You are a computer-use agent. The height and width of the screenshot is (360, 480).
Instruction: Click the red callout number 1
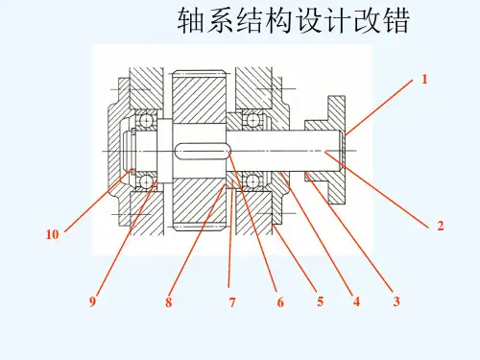pyautogui.click(x=424, y=79)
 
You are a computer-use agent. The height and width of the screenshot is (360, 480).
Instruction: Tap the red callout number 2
pyautogui.click(x=441, y=226)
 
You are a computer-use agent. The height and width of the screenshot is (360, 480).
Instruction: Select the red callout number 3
pyautogui.click(x=396, y=301)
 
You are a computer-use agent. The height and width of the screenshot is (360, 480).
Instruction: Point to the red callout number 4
pyautogui.click(x=356, y=301)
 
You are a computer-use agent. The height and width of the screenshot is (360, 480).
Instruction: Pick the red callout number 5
pyautogui.click(x=320, y=301)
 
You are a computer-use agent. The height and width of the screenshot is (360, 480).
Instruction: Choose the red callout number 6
pyautogui.click(x=280, y=301)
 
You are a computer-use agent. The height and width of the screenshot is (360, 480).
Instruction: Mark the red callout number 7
pyautogui.click(x=232, y=301)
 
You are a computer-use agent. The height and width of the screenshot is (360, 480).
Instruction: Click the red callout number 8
pyautogui.click(x=168, y=301)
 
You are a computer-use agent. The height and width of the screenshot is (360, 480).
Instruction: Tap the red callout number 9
pyautogui.click(x=92, y=301)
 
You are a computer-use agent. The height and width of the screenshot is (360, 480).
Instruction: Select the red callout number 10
pyautogui.click(x=52, y=234)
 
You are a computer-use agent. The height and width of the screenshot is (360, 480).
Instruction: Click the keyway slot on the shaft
pyautogui.click(x=203, y=150)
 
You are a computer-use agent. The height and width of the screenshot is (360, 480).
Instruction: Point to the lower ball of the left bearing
pyautogui.click(x=146, y=181)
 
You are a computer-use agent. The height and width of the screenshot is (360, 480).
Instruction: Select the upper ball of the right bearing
pyautogui.click(x=252, y=120)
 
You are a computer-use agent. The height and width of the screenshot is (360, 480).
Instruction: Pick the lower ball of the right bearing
pyautogui.click(x=252, y=180)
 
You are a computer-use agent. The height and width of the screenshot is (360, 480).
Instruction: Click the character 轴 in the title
pyautogui.click(x=191, y=20)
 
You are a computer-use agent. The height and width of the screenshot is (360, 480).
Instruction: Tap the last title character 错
pyautogui.click(x=396, y=20)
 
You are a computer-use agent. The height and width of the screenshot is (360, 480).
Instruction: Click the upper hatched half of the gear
pyautogui.click(x=199, y=97)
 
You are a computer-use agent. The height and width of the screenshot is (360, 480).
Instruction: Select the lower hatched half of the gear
pyautogui.click(x=199, y=204)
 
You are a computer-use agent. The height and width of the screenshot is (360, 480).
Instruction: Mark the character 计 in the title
pyautogui.click(x=338, y=20)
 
